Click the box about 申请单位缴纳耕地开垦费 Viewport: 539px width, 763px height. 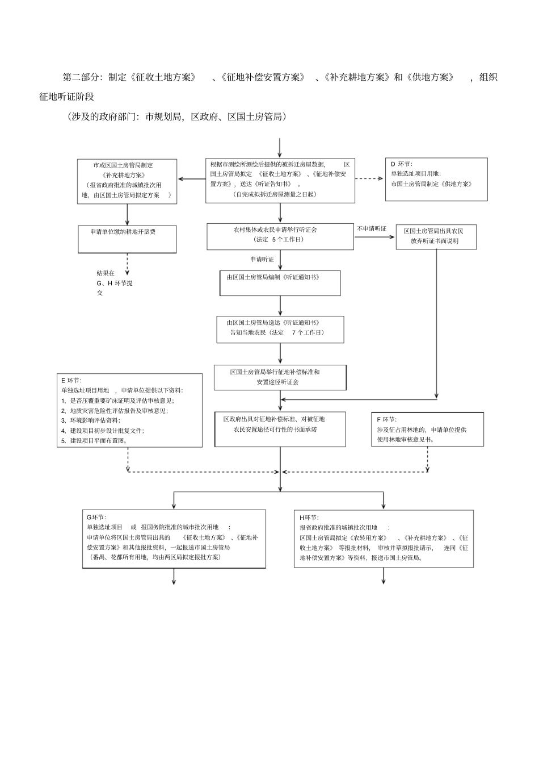pos(127,239)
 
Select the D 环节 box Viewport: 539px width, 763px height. pos(436,179)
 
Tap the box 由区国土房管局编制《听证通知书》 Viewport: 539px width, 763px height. pos(280,283)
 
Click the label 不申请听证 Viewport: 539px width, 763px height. pos(372,229)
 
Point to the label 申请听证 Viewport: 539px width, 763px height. pos(262,259)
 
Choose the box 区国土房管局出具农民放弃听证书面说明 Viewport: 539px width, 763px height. pos(436,236)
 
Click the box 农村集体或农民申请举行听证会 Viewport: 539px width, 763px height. pos(280,236)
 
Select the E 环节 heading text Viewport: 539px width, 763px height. pos(71,380)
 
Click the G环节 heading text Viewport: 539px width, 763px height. pos(96,517)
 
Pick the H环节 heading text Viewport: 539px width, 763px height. pos(309,518)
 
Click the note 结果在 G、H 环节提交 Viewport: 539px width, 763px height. pos(113,283)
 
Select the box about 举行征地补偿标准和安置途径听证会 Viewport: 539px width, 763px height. pos(280,377)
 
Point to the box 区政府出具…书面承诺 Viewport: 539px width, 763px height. pos(280,429)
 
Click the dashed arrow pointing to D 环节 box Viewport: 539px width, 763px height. pos(370,178)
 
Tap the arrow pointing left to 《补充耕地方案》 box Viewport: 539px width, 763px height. pos(192,179)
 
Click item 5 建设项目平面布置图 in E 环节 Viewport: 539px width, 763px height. pos(95,440)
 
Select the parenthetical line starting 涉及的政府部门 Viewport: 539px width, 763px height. pos(176,117)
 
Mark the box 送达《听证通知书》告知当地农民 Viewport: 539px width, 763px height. pos(280,330)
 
